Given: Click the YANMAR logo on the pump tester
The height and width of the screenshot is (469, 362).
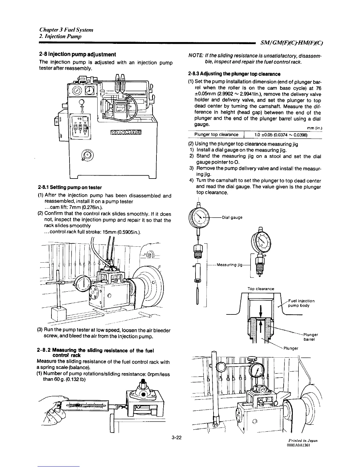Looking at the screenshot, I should (125, 131).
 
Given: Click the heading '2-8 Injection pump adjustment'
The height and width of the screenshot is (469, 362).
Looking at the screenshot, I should (77, 54).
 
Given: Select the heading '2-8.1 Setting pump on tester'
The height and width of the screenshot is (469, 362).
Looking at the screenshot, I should (70, 187).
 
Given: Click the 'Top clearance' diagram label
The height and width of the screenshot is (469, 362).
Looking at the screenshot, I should (261, 289).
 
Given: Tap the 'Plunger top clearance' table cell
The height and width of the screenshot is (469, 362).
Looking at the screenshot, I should (216, 135).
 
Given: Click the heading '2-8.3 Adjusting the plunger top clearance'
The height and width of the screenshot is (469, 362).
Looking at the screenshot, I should (234, 74).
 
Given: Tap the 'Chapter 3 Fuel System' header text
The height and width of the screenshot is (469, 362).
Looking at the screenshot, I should (67, 30).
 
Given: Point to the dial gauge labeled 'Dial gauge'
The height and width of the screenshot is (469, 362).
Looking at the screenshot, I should (198, 218).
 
